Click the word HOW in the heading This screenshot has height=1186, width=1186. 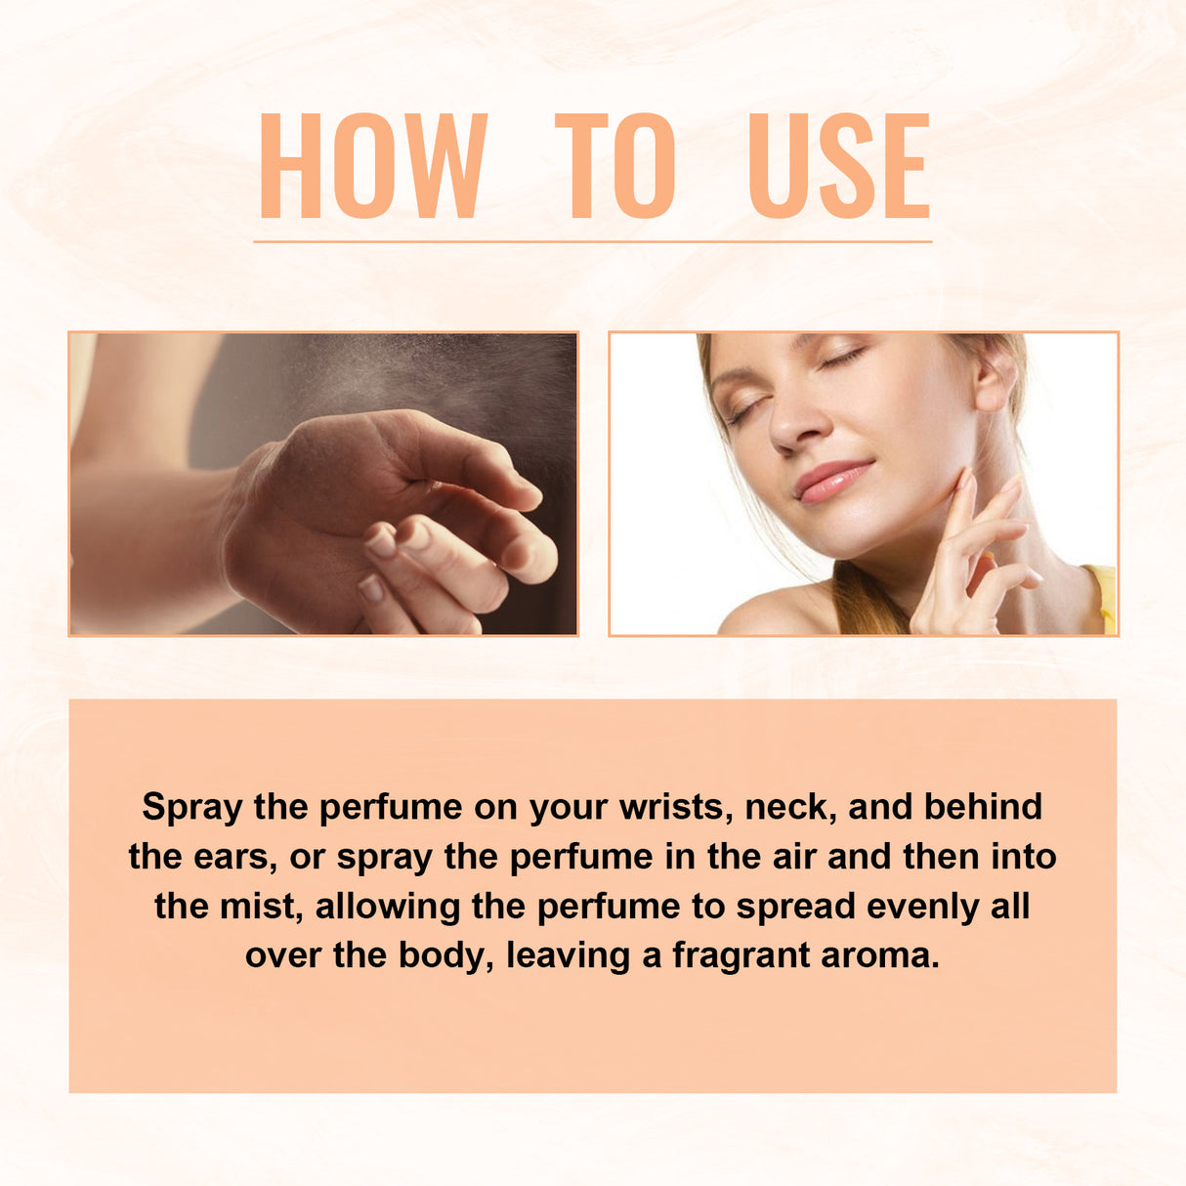click(372, 165)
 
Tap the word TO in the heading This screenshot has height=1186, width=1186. click(615, 165)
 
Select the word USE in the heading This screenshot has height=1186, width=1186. click(838, 165)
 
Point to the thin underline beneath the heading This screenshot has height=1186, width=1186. click(592, 240)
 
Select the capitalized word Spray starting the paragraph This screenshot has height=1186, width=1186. click(191, 808)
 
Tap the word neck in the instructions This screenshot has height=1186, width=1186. click(788, 808)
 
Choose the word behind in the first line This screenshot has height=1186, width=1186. click(983, 808)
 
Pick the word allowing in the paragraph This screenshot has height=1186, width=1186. click(387, 908)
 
